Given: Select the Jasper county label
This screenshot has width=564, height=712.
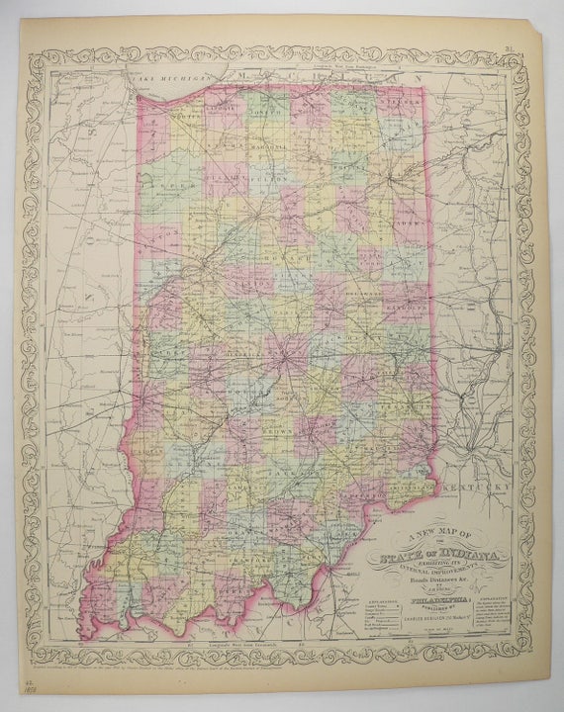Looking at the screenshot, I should tap(162, 185).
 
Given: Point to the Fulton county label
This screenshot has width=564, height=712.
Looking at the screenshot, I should tap(258, 181).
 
